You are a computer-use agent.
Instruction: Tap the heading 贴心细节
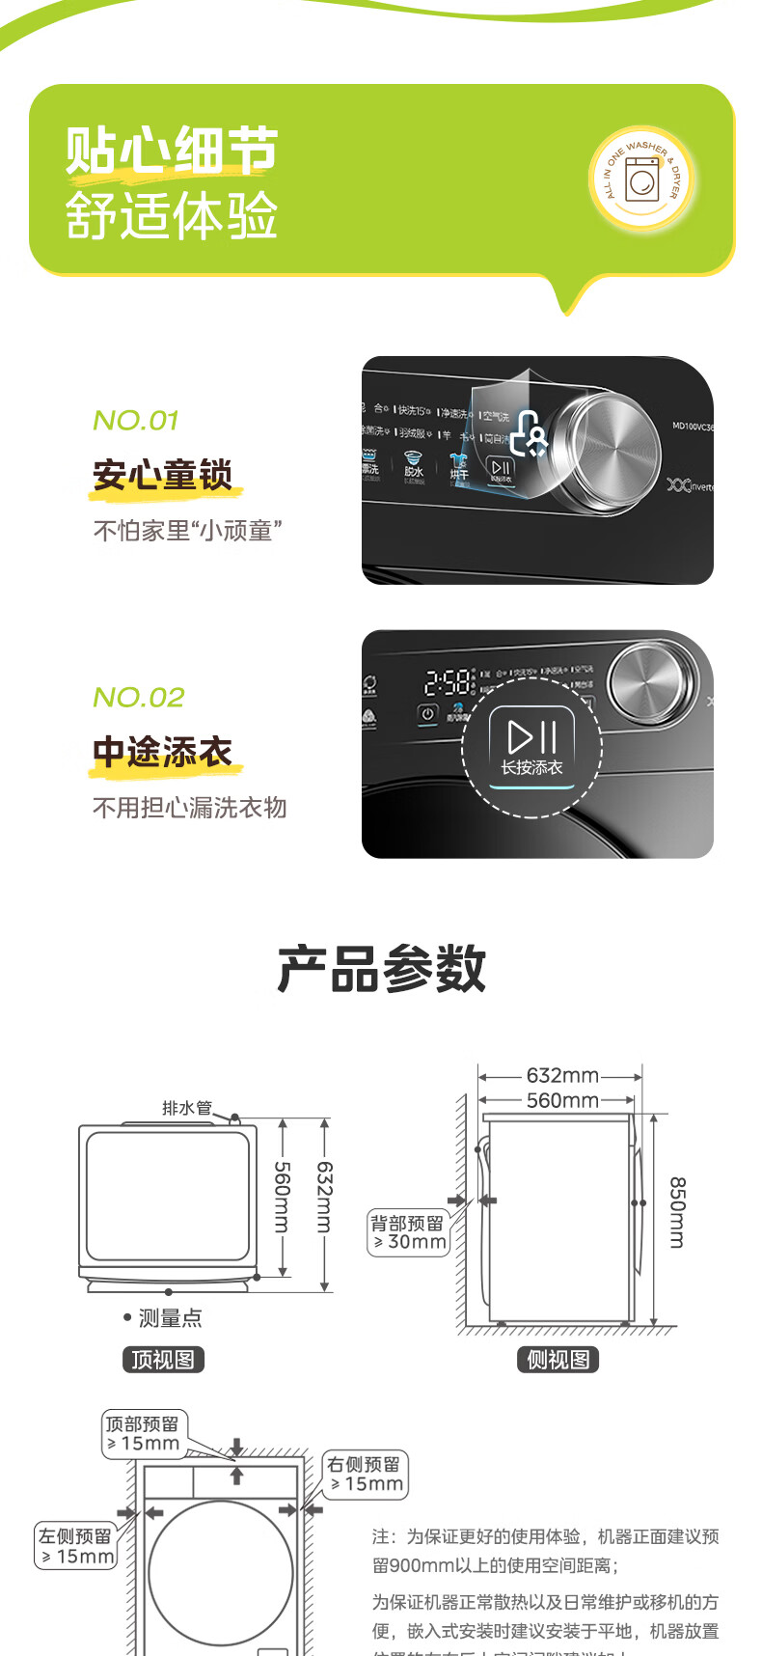tap(172, 151)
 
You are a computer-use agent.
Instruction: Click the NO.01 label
tap(136, 421)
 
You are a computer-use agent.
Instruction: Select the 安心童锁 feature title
tap(162, 476)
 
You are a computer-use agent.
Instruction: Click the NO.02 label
tap(139, 697)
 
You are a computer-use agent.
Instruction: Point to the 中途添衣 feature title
tap(162, 752)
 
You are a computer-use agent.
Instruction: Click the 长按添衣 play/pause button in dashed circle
tap(531, 745)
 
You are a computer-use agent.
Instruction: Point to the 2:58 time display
tap(449, 683)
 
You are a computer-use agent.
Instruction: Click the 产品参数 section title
tap(381, 968)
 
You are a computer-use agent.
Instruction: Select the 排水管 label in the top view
tap(186, 1108)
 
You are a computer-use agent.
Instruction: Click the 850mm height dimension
tap(677, 1212)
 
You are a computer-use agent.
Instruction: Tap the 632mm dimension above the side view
tap(562, 1075)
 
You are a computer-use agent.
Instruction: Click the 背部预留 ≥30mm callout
tap(409, 1232)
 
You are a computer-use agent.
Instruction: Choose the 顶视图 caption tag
tap(163, 1360)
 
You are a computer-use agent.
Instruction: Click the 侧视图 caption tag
tap(558, 1360)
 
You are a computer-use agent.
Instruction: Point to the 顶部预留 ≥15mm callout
tap(144, 1433)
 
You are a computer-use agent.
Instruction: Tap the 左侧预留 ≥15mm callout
tap(75, 1545)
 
